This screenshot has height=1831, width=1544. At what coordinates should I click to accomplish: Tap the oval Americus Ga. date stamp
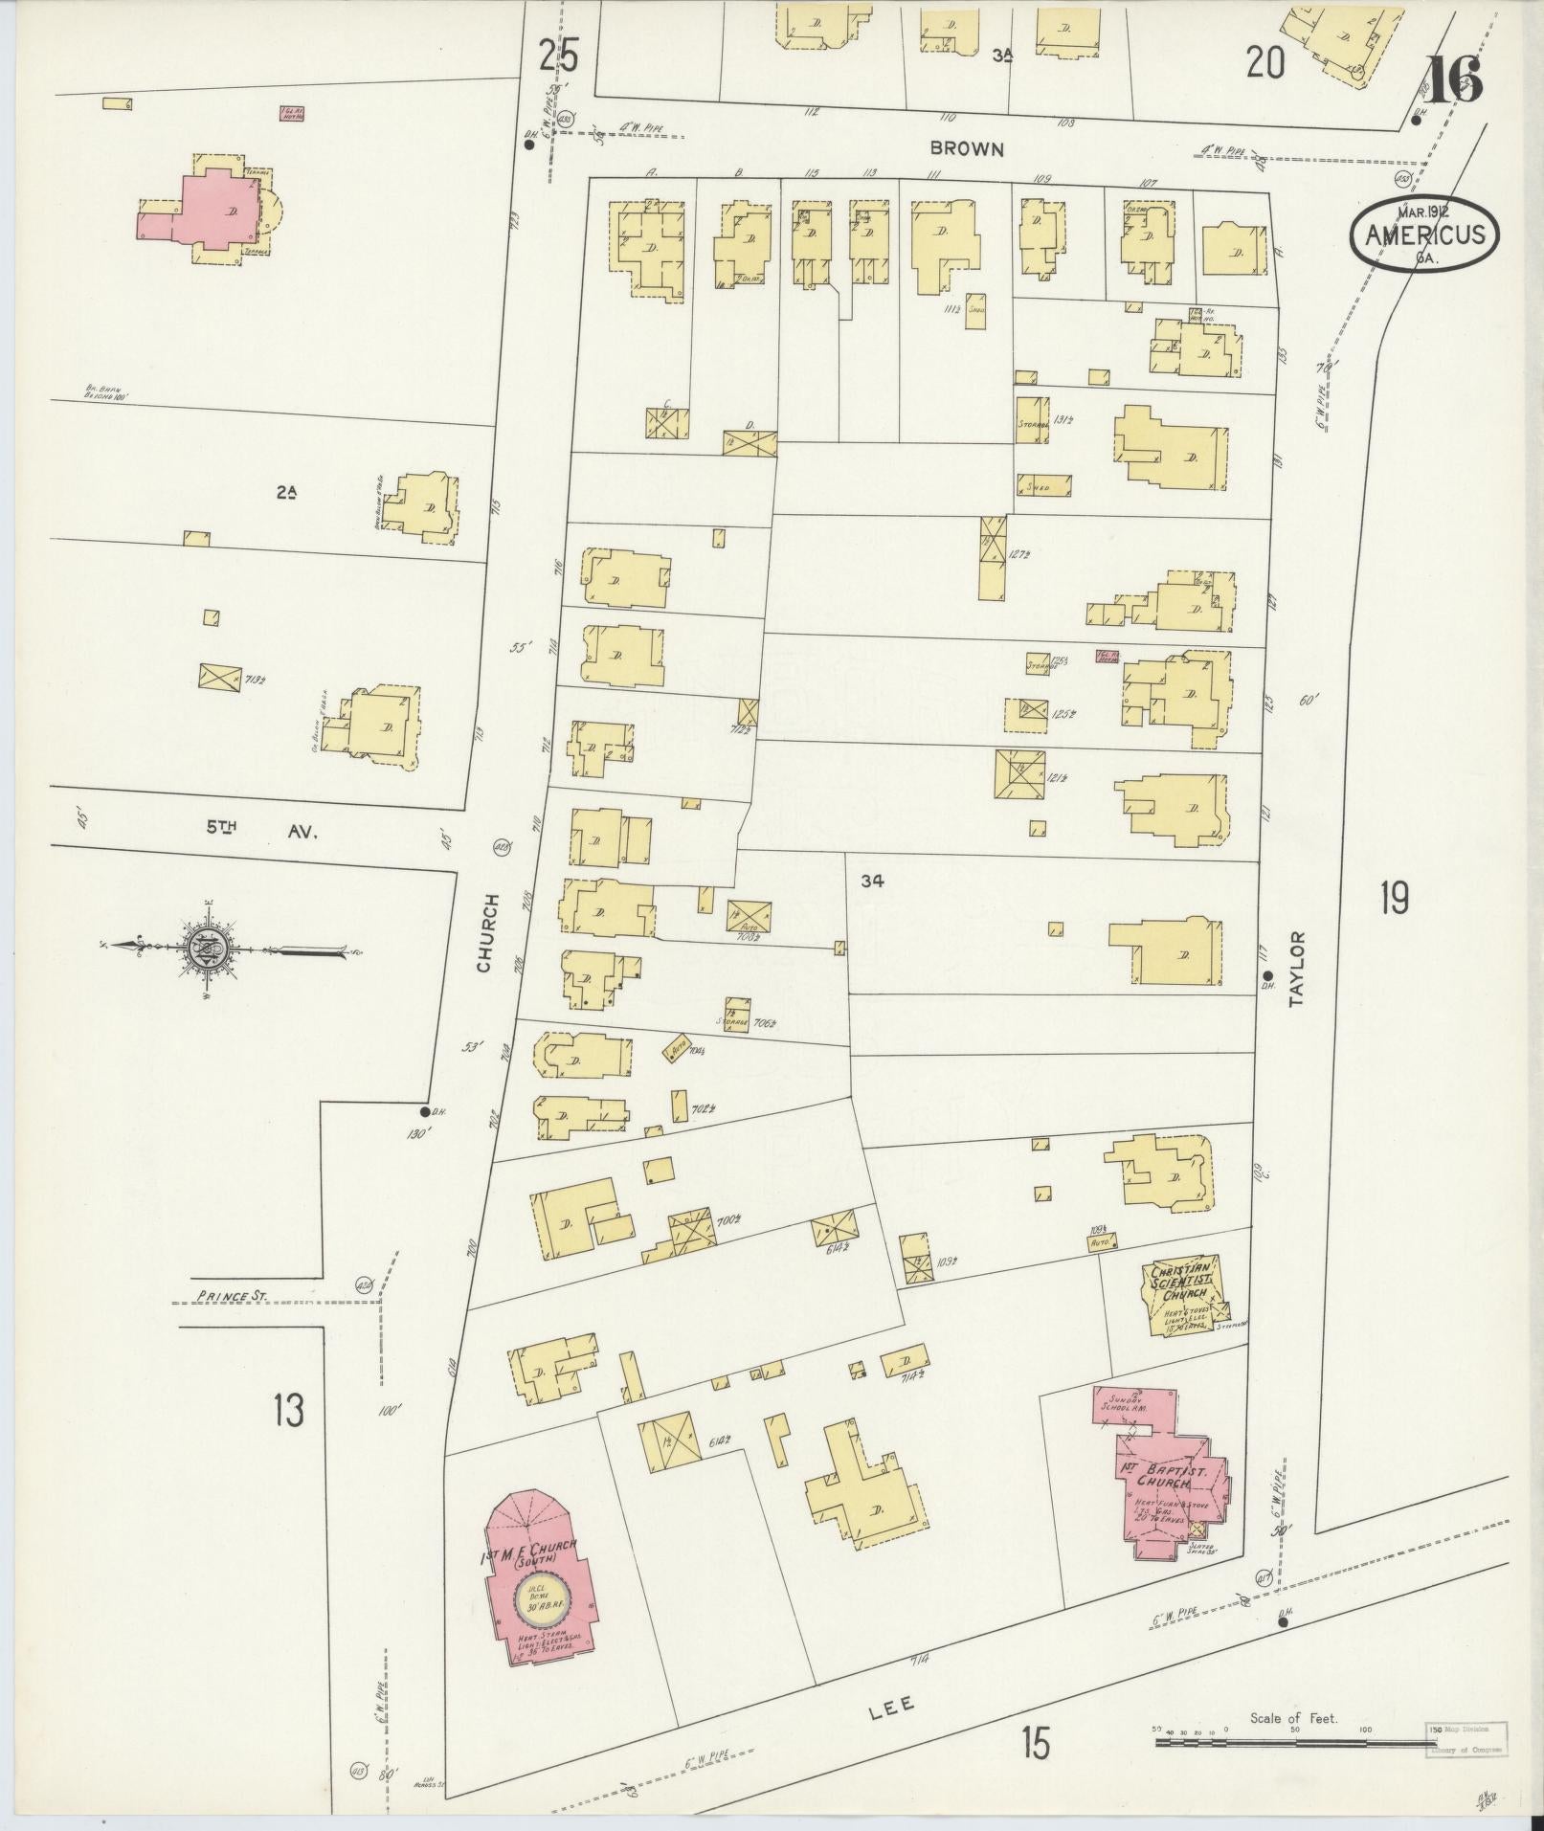pos(1425,234)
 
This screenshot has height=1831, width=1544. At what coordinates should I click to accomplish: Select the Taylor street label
pos(1296,969)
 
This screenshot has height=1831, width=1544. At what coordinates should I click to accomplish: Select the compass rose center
pos(205,949)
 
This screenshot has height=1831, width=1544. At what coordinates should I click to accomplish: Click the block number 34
pos(871,882)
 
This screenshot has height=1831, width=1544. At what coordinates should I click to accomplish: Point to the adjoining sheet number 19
pos(1394,898)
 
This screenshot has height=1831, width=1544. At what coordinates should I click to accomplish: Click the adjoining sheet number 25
pos(558,56)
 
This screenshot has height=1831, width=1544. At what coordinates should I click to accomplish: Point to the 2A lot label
pos(286,492)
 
